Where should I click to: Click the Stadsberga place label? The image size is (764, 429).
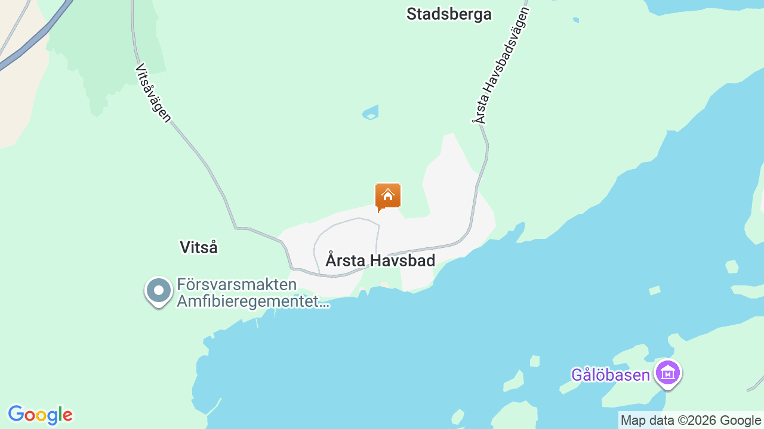(x=449, y=14)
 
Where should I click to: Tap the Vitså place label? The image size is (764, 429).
(x=199, y=247)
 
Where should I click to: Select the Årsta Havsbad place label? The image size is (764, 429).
(x=380, y=260)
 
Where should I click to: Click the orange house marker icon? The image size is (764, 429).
(x=388, y=196)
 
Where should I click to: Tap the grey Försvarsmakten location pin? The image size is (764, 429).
(x=159, y=291)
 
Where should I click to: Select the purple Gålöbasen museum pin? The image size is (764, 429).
(x=668, y=374)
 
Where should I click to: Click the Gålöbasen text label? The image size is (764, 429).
(x=610, y=375)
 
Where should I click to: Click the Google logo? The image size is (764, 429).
(x=40, y=415)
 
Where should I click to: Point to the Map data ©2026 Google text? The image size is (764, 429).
(x=691, y=420)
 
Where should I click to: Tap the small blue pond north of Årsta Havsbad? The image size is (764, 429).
(x=371, y=113)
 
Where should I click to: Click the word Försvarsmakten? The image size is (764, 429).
(x=237, y=285)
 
